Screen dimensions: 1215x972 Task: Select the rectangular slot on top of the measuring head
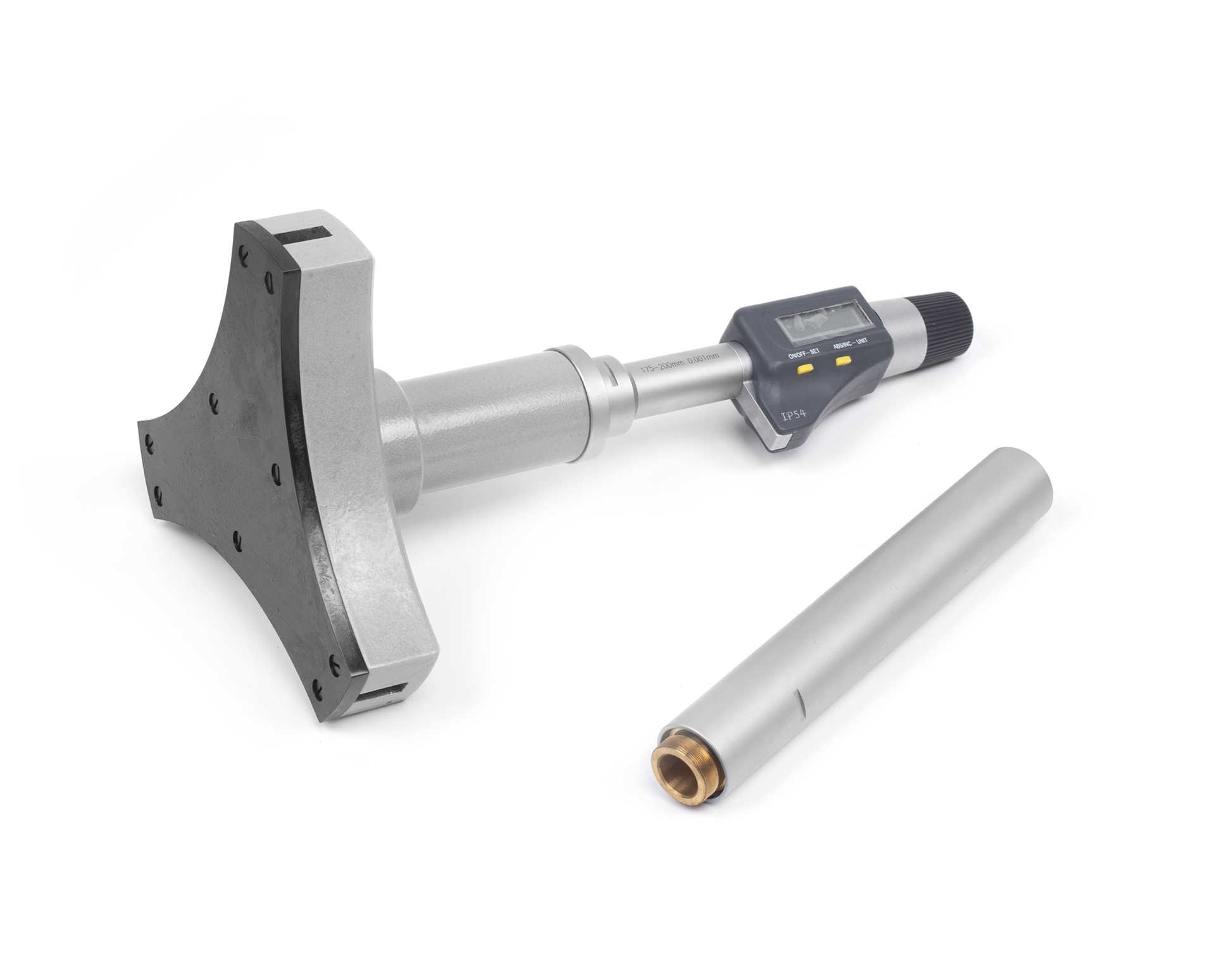click(307, 240)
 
